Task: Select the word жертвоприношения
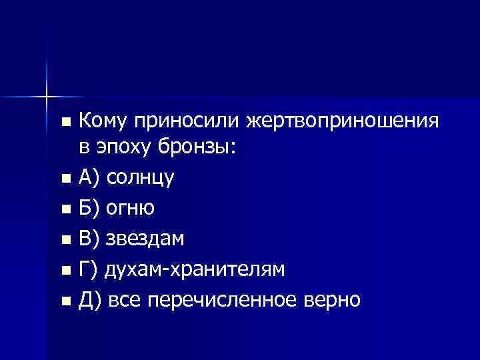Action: pos(343,121)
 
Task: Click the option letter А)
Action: pos(89,177)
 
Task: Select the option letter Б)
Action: pos(89,208)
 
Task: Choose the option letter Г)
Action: pos(88,269)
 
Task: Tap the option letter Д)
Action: pos(90,300)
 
